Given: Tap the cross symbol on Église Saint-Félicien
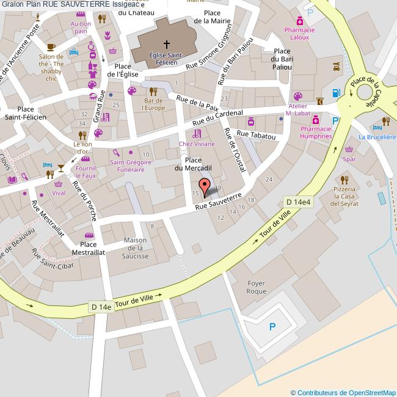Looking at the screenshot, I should pos(166,44).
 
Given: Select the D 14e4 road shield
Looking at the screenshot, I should pos(298,202).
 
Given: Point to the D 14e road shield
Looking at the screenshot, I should pos(100,307).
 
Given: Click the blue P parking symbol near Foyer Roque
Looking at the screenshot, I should pos(272,327).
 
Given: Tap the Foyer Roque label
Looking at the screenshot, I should pos(257,287).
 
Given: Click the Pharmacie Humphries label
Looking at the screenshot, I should pos(316,133).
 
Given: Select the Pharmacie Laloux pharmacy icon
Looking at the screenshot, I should pos(299,20).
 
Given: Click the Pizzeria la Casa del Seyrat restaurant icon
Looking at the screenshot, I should pos(344,180).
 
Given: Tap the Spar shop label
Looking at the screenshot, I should pos(349,159).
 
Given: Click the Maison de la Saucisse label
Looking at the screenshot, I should pos(136,248).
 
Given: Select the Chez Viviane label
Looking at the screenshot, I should pos(197,144).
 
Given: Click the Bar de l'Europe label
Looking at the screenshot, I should pos(154,104).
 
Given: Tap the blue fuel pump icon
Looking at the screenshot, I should pos(335,93).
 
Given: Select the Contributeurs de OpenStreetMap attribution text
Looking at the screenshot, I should pos(343,393).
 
